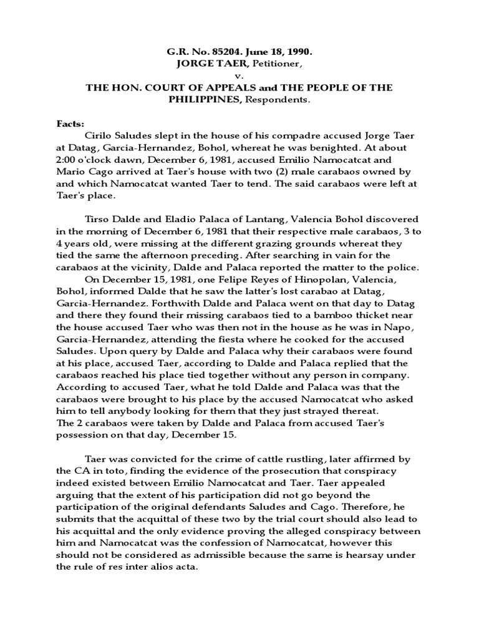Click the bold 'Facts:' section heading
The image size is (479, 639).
pyautogui.click(x=70, y=124)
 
